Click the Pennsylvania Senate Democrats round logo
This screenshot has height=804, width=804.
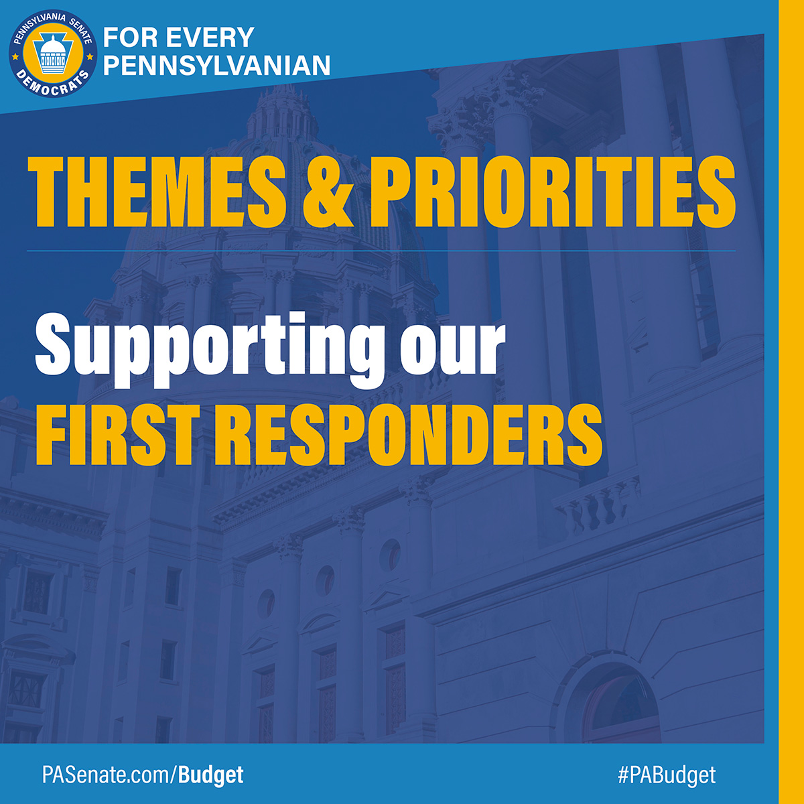52,52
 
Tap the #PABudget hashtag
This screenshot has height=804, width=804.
667,775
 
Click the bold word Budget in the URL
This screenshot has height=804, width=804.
211,775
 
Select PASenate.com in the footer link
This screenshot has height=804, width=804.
107,775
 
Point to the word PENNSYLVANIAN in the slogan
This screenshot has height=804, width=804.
218,65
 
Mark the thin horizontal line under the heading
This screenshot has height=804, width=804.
382,251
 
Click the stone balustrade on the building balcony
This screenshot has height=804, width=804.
596,506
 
